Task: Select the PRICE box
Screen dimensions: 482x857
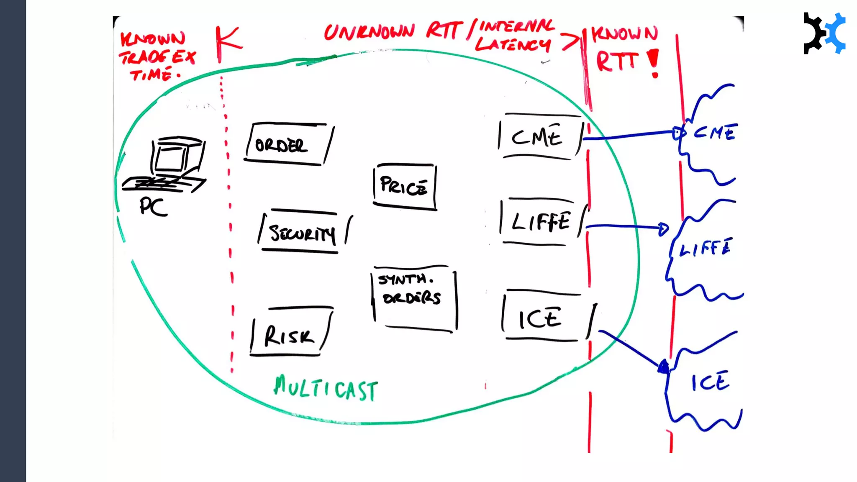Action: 404,186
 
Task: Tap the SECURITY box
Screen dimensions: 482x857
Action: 303,232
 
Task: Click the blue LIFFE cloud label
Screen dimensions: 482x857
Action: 706,248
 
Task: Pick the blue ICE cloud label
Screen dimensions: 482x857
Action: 711,382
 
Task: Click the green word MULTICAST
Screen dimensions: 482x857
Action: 326,388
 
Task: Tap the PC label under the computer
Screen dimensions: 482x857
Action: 153,207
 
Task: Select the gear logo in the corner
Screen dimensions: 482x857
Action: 824,33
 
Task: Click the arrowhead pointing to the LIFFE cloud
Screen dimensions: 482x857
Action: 663,228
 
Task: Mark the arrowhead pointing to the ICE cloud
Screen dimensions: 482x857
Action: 664,367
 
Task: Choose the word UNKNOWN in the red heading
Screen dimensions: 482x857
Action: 369,31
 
